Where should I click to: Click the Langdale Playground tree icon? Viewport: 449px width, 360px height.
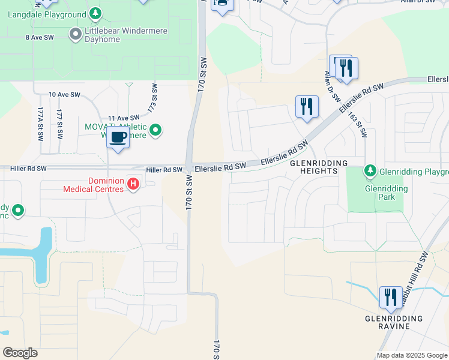click(x=95, y=13)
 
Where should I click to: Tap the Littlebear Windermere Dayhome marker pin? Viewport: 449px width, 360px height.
click(x=76, y=34)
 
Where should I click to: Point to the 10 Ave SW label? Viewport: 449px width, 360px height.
click(x=64, y=95)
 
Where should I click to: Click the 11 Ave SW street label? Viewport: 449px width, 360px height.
click(x=124, y=118)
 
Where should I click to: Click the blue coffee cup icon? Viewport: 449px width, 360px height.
click(x=118, y=137)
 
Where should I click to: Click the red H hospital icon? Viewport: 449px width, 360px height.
click(x=133, y=184)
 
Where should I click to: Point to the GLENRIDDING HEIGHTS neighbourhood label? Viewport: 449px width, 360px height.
click(x=319, y=167)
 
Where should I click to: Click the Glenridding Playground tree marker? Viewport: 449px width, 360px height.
click(x=370, y=172)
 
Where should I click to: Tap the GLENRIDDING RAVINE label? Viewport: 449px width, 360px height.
click(x=393, y=322)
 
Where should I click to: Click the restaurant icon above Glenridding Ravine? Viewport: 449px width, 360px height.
click(x=391, y=297)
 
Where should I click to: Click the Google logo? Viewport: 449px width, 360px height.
click(x=20, y=353)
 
